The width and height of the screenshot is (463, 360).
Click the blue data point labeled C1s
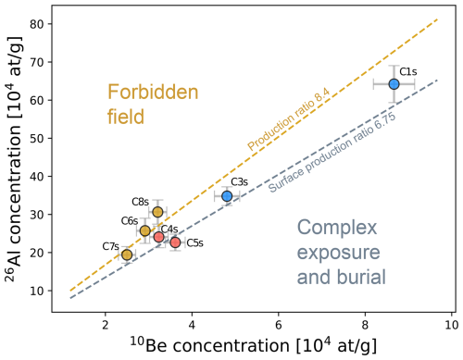[x=394, y=83]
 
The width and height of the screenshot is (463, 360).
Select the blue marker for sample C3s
[x=227, y=196]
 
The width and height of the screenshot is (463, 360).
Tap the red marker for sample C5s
[x=175, y=242]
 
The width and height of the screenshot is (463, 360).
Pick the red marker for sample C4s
[x=159, y=237]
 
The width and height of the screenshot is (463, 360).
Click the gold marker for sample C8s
[x=157, y=212]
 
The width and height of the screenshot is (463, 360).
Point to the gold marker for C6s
[x=144, y=230]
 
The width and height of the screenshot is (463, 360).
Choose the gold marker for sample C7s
[x=127, y=254]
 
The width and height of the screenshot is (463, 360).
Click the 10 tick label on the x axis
[x=451, y=323]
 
